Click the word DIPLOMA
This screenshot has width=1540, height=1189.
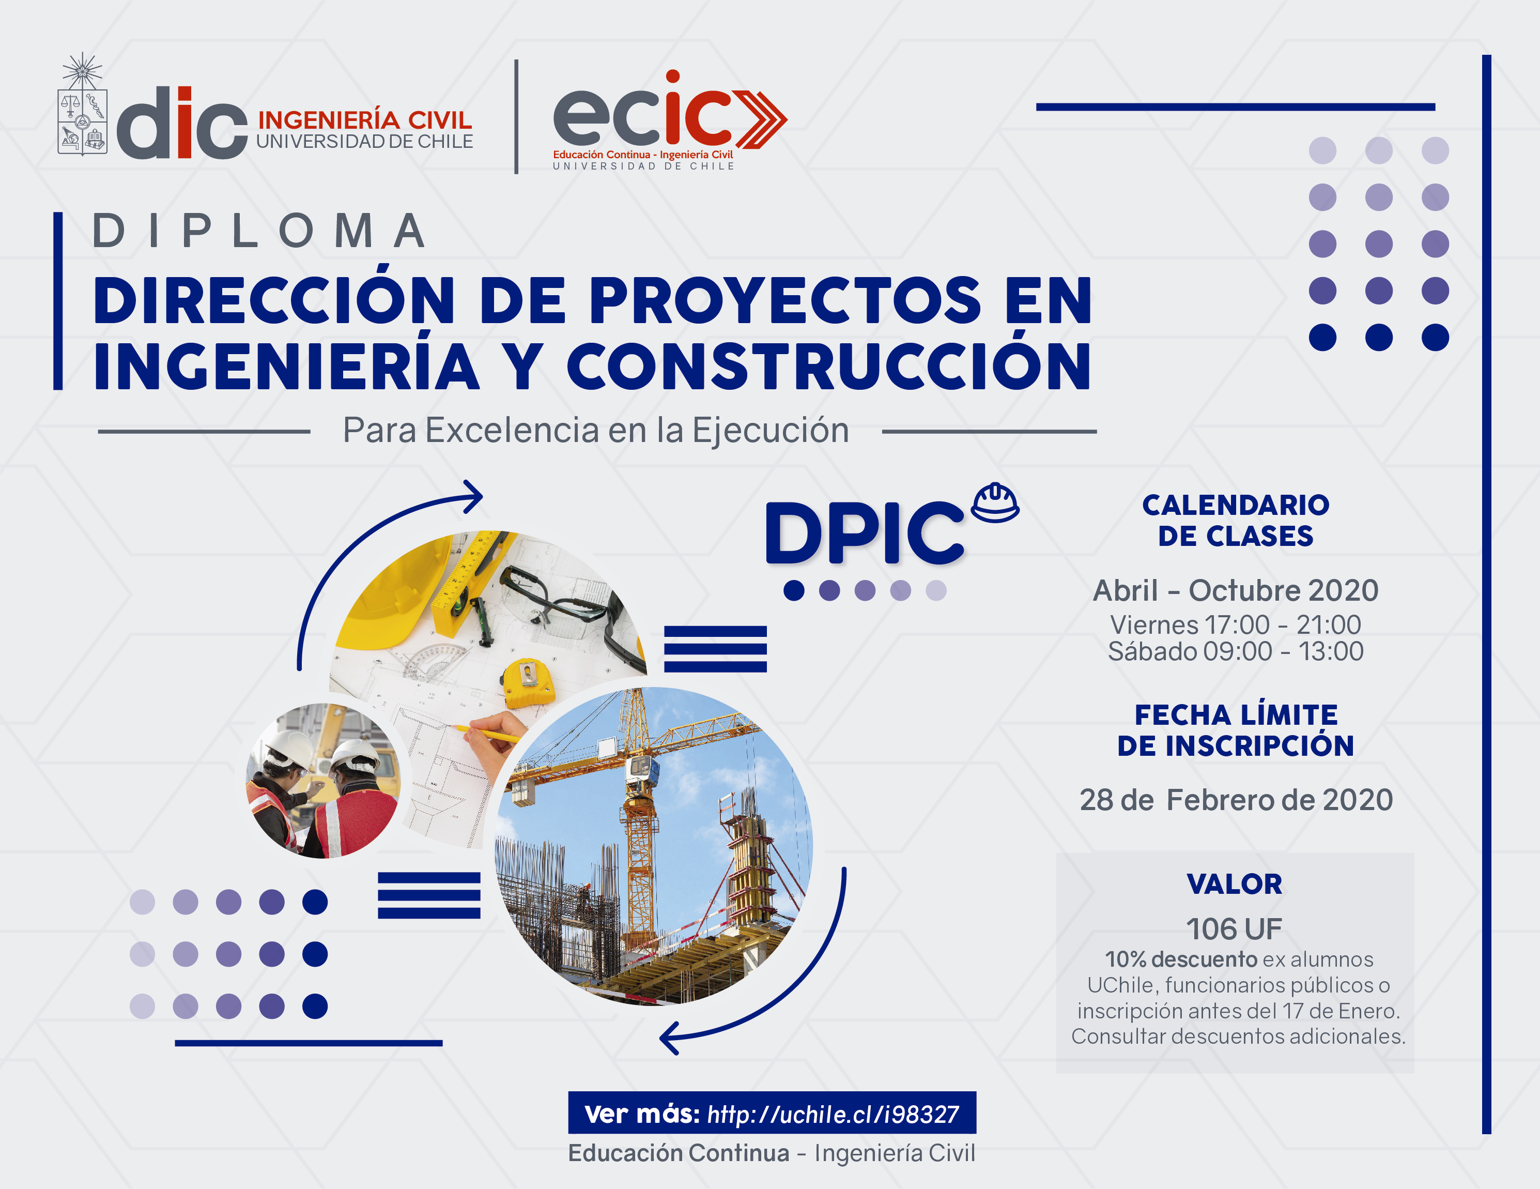click(x=259, y=231)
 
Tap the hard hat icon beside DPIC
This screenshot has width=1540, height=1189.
click(x=995, y=502)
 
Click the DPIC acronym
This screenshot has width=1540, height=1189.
click(x=865, y=532)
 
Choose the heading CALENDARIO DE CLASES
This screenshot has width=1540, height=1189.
click(x=1236, y=521)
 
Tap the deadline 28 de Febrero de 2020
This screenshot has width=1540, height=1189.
click(x=1236, y=800)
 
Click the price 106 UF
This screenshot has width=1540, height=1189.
click(x=1234, y=929)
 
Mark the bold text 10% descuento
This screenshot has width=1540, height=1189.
click(x=1181, y=959)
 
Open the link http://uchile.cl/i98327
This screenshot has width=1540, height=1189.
click(x=833, y=1114)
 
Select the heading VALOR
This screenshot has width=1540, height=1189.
click(x=1235, y=883)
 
